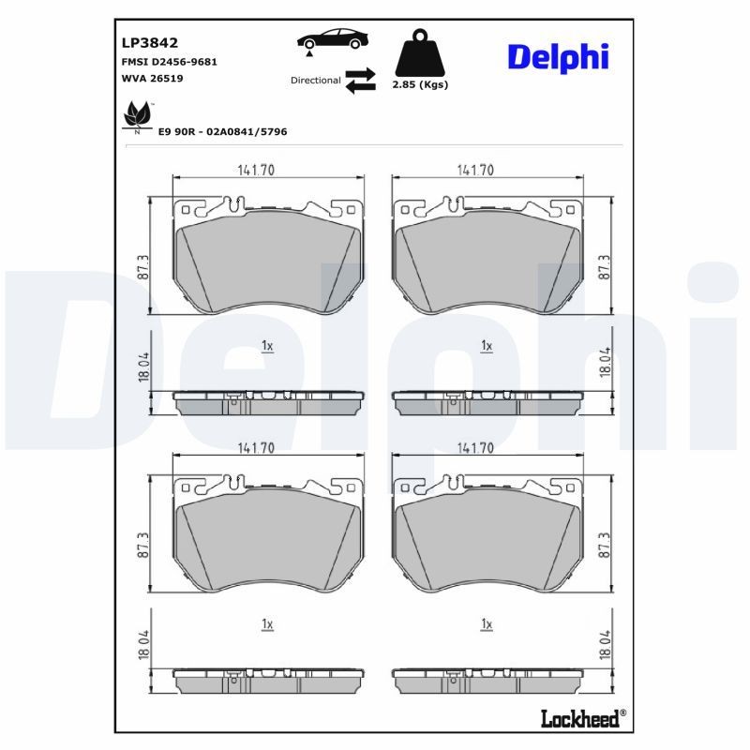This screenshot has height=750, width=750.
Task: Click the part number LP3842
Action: [150, 43]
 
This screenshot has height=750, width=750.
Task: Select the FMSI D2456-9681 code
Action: [170, 62]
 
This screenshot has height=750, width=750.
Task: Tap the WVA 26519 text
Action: [152, 79]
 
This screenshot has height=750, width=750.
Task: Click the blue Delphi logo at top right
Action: [558, 56]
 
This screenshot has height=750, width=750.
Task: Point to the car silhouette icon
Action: [332, 42]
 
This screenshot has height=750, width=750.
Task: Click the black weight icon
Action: [418, 54]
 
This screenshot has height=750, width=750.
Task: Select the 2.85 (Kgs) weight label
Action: [419, 84]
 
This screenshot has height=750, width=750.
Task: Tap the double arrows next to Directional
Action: [360, 81]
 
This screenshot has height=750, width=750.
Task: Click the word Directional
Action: [316, 81]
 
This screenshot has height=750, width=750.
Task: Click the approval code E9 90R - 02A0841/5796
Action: [223, 132]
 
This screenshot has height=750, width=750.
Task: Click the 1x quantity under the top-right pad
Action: [487, 346]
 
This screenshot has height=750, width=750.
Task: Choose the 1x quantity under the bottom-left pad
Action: [267, 623]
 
